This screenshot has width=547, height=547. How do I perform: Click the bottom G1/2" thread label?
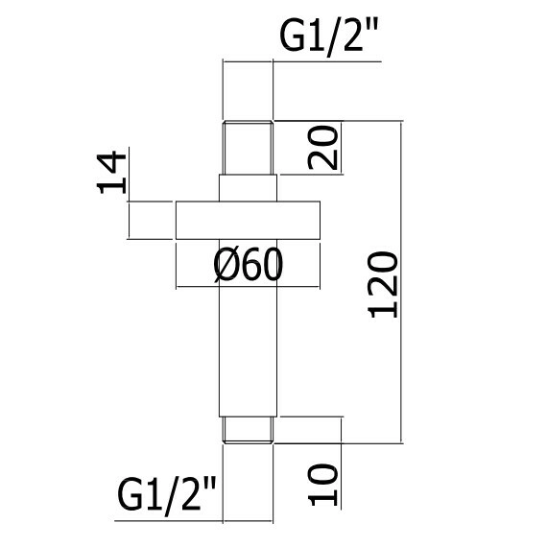(x=166, y=496)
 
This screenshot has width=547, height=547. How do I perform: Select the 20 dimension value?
(x=322, y=148)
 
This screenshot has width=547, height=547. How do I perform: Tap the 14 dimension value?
(x=111, y=173)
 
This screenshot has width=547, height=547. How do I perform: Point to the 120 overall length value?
(x=383, y=285)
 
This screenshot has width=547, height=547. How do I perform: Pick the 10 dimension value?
(x=322, y=485)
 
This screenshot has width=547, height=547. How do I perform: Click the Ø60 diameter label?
(x=248, y=265)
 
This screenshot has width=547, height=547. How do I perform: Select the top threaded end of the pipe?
(x=248, y=148)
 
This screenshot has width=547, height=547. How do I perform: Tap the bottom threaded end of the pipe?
(x=248, y=430)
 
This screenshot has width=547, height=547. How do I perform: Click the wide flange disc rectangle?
(x=248, y=220)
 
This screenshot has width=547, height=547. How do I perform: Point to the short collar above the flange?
(x=248, y=188)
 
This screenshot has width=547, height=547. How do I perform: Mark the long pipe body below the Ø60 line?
(x=248, y=352)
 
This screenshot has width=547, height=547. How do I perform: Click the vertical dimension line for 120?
(x=402, y=282)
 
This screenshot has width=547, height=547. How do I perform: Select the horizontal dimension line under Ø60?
(x=248, y=287)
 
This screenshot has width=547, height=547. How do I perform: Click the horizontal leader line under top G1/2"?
(x=302, y=61)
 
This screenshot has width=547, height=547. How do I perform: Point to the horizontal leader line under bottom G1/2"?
(x=194, y=521)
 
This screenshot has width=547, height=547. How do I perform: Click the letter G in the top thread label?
(x=292, y=35)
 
